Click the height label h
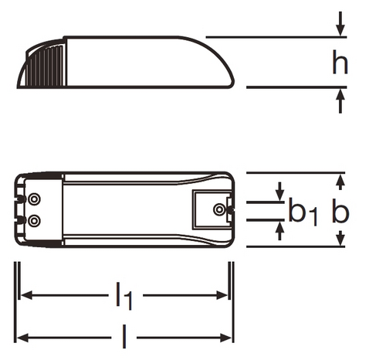coord(340,63)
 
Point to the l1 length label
coord(124,296)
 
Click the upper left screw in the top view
coord(34,199)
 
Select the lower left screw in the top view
coord(34,220)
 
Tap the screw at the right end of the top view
coord(219,209)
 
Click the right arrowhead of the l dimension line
coord(228,337)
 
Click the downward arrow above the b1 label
coord(279,191)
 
